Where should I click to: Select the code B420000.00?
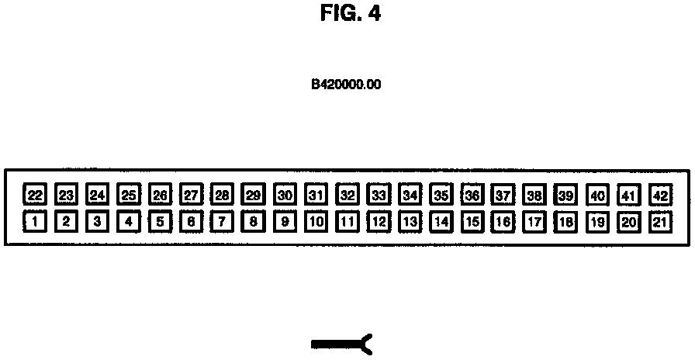click(346, 84)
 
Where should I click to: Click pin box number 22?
click(35, 194)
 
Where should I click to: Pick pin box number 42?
click(660, 194)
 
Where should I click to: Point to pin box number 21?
click(660, 222)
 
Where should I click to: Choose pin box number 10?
click(316, 222)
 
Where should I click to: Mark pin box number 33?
click(379, 194)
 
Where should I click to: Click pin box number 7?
click(223, 222)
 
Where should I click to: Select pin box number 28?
click(223, 194)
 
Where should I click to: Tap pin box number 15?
click(472, 222)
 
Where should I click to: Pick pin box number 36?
click(472, 194)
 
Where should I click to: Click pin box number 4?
click(129, 222)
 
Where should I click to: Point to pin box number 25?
click(129, 194)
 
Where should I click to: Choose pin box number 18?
click(566, 222)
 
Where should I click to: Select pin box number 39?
click(566, 194)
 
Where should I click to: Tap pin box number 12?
click(379, 222)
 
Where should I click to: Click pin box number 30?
click(285, 194)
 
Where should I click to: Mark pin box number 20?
click(629, 222)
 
